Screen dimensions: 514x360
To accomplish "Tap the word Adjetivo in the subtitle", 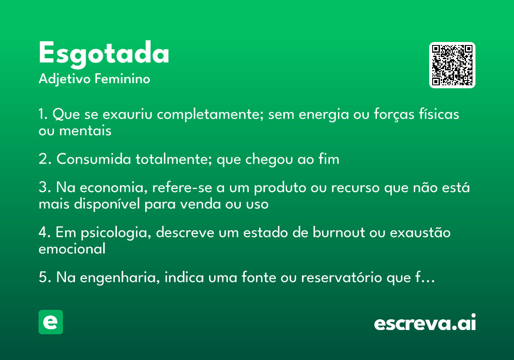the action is [x=65, y=79].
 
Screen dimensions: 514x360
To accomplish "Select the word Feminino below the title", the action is [x=123, y=78].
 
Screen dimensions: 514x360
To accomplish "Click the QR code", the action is [x=452, y=65].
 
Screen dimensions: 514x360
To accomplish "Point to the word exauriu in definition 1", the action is [x=127, y=114].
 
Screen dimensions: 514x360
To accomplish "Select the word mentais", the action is [x=85, y=130].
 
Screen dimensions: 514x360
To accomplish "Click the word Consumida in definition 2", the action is [x=94, y=159].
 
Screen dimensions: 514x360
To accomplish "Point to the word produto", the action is [x=280, y=188].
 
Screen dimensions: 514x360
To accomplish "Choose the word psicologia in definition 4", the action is [x=116, y=233].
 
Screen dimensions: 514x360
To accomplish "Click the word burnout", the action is [x=339, y=232].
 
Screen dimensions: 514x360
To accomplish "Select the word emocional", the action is [x=72, y=249].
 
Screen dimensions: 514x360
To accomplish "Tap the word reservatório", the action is [x=342, y=277].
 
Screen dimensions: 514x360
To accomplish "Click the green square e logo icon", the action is [x=51, y=322].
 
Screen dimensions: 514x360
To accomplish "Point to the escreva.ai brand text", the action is [x=425, y=322].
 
